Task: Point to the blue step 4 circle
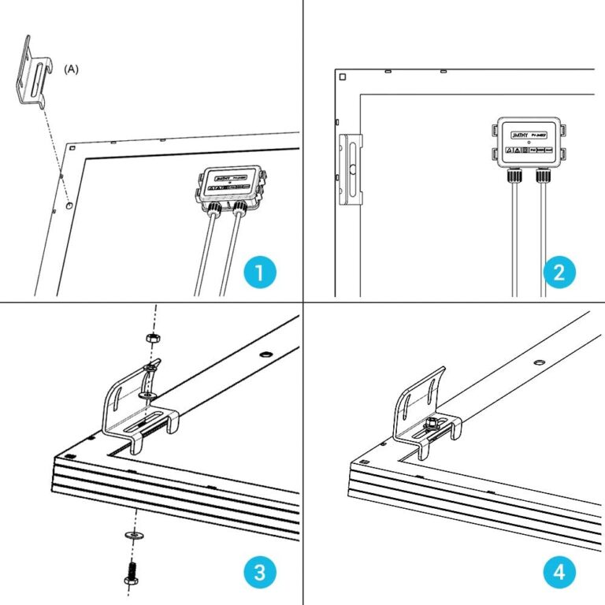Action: tap(559, 573)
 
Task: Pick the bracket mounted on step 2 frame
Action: tap(349, 169)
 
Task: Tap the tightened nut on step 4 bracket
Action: tap(432, 425)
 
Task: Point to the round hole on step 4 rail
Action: tap(539, 362)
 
